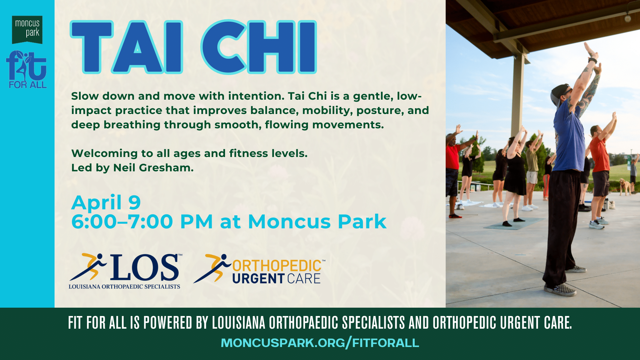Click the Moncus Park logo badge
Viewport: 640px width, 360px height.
[x=27, y=29]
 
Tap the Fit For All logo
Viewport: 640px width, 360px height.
[x=26, y=69]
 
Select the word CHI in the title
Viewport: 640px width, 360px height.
[x=259, y=47]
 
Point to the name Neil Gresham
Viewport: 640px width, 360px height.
[x=153, y=168]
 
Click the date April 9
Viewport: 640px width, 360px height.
[x=106, y=202]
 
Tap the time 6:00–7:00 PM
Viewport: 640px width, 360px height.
[x=142, y=222]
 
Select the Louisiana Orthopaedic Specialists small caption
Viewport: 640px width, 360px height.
[x=124, y=287]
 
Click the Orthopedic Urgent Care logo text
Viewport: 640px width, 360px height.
[x=277, y=272]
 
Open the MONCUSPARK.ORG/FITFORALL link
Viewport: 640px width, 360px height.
[x=320, y=343]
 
